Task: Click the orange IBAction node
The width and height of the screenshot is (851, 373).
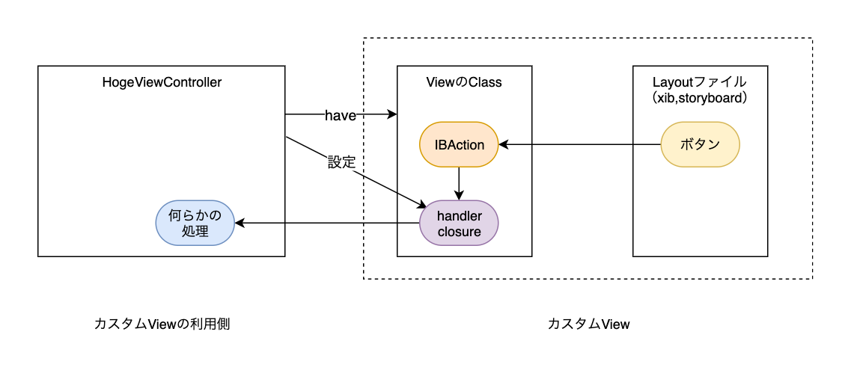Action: click(x=460, y=145)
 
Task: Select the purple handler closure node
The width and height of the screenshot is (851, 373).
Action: click(x=459, y=223)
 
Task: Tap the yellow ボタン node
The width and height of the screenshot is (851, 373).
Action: click(x=700, y=145)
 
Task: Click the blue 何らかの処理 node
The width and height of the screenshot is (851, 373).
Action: click(x=195, y=223)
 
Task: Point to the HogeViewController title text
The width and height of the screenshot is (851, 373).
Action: click(x=162, y=83)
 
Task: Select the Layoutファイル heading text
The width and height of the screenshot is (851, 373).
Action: click(x=700, y=82)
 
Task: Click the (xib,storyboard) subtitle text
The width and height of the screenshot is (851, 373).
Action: click(x=700, y=98)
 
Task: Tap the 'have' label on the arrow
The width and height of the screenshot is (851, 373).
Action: click(x=341, y=115)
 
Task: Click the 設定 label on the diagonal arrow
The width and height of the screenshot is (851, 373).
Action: click(x=341, y=161)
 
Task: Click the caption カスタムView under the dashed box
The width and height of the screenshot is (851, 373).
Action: click(x=588, y=324)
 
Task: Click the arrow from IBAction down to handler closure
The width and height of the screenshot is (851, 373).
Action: click(x=459, y=183)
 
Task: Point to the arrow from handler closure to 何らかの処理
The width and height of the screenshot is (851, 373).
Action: click(x=322, y=223)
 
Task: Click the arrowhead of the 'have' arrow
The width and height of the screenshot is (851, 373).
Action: click(x=392, y=115)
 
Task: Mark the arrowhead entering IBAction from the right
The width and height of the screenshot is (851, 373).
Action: click(x=504, y=144)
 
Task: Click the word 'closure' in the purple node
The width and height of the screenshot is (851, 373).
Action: click(x=459, y=232)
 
